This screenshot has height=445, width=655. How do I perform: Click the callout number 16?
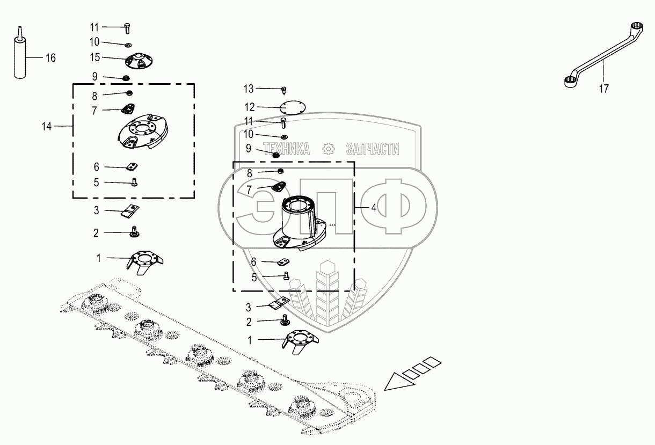coord(50,58)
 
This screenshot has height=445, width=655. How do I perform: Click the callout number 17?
coord(604,89)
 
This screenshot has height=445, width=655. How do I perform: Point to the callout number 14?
coord(47,127)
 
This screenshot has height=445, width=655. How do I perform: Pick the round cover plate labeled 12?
coord(292,107)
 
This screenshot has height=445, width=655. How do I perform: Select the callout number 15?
coord(95,56)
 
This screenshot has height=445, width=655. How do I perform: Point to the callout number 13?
coord(248,89)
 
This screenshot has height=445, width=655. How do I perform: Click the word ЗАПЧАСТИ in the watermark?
coord(372,149)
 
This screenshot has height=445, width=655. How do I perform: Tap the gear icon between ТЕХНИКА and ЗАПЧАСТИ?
coord(328,149)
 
